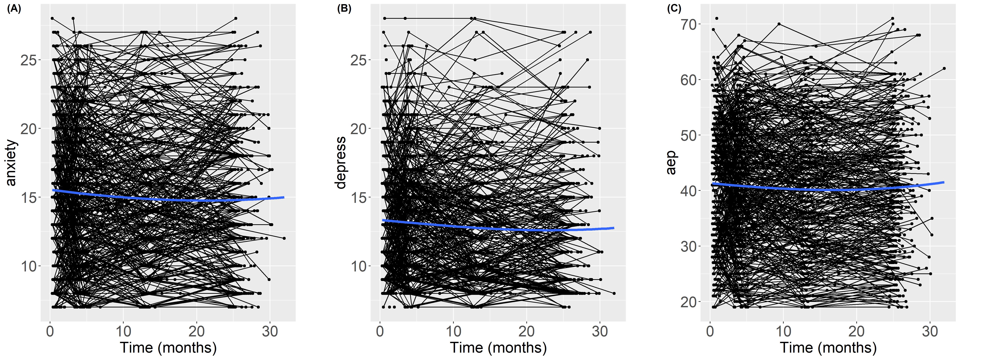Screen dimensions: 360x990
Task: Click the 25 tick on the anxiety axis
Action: click(28, 60)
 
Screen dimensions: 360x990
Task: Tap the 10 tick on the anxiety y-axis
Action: click(28, 266)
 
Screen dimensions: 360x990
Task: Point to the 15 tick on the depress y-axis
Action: click(358, 197)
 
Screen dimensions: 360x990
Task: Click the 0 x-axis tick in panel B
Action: click(380, 331)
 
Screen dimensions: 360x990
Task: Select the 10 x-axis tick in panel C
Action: click(783, 331)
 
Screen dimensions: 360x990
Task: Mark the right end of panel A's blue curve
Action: click(284, 197)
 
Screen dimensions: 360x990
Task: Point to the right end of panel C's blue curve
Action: click(944, 182)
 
